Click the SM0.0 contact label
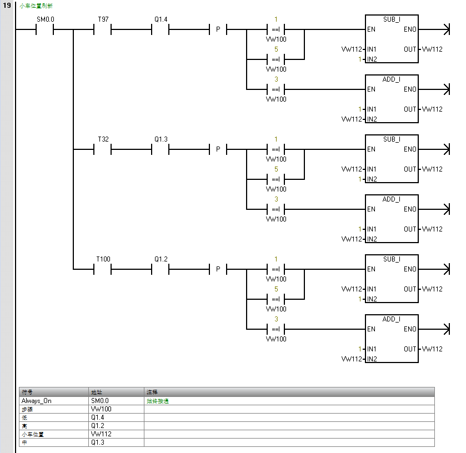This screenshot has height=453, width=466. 45,19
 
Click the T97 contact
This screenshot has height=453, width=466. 103,29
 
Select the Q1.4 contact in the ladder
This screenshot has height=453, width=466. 160,29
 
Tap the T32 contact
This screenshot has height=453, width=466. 103,149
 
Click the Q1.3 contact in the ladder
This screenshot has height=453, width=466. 160,149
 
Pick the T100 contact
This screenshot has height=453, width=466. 103,269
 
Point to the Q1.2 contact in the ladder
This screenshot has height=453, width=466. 160,269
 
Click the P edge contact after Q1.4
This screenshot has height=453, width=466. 218,29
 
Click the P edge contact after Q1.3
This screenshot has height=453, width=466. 218,149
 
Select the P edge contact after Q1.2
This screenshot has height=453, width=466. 218,269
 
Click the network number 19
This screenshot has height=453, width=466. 7,5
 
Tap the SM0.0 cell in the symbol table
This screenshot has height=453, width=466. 100,400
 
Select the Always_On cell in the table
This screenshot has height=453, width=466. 37,400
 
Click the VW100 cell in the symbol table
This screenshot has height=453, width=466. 101,409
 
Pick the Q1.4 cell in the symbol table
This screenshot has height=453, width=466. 98,417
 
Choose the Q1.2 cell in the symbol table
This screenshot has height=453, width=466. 98,426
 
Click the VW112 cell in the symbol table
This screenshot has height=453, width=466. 101,434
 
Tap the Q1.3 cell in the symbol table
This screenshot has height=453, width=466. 98,443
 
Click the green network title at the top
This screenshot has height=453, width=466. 36,6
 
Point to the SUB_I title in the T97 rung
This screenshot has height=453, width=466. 391,19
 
